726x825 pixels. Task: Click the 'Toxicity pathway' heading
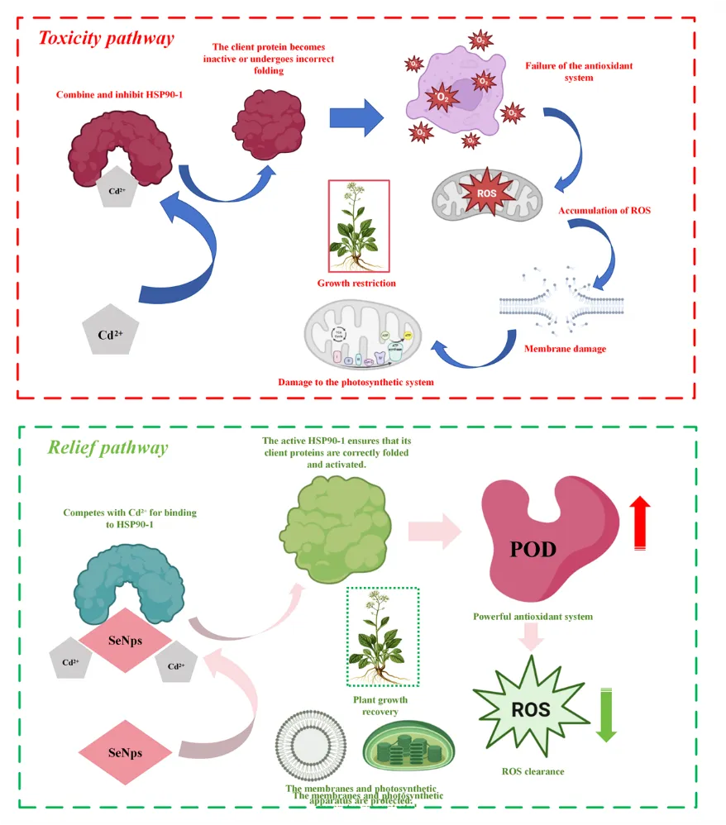(107, 38)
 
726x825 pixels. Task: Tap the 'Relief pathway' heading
(107, 448)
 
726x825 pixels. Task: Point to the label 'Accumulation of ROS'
(604, 211)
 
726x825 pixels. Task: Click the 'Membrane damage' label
(565, 349)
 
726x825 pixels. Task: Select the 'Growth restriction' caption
(356, 284)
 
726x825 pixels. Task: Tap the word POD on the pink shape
(533, 549)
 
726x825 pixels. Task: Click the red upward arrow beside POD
(639, 523)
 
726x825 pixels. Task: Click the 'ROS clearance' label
(533, 771)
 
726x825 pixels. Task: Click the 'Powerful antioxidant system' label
(533, 617)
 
